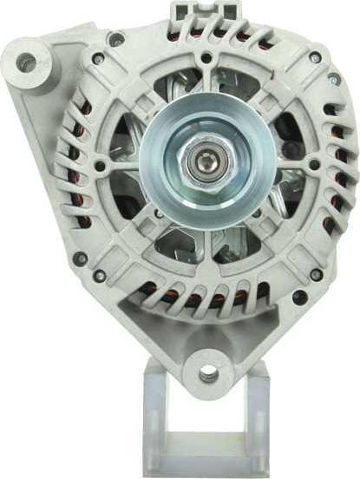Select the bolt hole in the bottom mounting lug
pyautogui.click(x=208, y=374)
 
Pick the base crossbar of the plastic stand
pyautogui.click(x=206, y=464)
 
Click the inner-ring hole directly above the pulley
pyautogui.click(x=206, y=59)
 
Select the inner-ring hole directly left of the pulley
pyautogui.click(x=101, y=165)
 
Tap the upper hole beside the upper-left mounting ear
pyautogui.click(x=115, y=39)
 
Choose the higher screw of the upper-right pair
pyautogui.click(x=315, y=58)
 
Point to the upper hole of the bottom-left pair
pyautogui.click(x=80, y=258)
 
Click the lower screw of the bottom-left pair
pyautogui.click(x=100, y=276)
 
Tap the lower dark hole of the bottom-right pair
pyautogui.click(x=299, y=297)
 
